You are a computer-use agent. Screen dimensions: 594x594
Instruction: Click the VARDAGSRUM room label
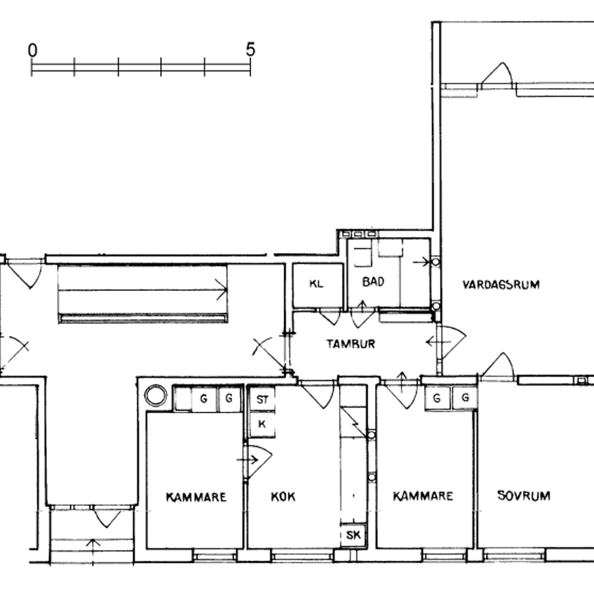click(500, 285)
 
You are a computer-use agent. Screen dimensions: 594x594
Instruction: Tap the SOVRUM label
click(524, 496)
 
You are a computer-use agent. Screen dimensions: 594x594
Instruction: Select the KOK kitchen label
click(283, 496)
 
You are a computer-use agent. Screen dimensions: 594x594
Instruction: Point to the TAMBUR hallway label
click(351, 344)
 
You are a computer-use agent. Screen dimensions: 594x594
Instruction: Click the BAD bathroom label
click(373, 282)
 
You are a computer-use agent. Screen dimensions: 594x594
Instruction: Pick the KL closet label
click(316, 283)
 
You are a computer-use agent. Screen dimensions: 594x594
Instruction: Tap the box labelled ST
click(262, 399)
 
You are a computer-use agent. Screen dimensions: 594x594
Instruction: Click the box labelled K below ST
click(262, 424)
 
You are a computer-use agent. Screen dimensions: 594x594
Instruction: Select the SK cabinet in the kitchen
click(353, 535)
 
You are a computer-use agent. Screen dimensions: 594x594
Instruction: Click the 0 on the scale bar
click(32, 50)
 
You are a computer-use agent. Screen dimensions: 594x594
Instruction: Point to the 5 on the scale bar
click(250, 49)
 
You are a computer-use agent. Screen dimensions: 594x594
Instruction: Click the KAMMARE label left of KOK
click(196, 496)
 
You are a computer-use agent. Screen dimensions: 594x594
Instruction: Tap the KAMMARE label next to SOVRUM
click(423, 496)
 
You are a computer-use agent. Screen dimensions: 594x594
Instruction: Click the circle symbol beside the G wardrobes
click(155, 396)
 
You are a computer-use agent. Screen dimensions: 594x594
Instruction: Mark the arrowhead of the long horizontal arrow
click(224, 289)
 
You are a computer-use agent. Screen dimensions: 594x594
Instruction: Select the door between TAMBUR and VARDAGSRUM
click(447, 342)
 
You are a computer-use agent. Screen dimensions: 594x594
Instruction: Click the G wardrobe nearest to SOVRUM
click(465, 398)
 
